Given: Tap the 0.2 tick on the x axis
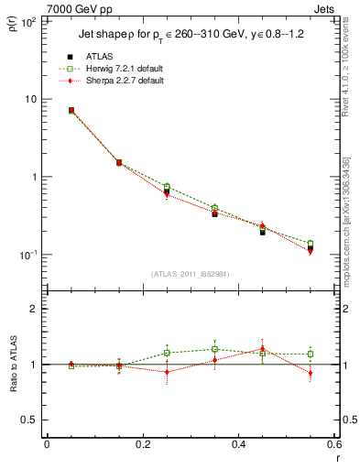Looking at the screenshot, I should click(x=142, y=445).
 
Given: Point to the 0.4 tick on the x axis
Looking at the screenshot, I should click(x=238, y=445).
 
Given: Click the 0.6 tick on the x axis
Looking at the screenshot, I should click(x=333, y=445).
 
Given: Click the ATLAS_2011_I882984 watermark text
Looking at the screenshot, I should click(x=190, y=274).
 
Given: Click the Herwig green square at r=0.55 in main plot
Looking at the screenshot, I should click(x=311, y=244).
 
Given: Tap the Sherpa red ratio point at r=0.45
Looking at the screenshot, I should click(x=262, y=349).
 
